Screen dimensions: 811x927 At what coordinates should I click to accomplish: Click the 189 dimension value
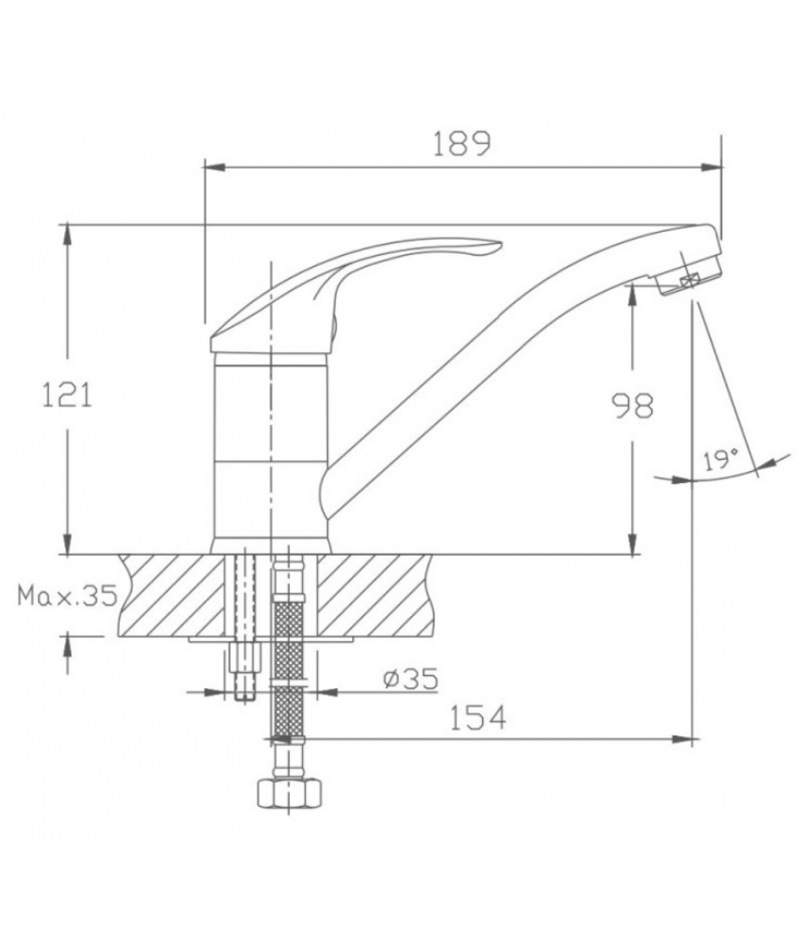[x=462, y=144]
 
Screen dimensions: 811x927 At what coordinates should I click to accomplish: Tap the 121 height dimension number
[x=67, y=396]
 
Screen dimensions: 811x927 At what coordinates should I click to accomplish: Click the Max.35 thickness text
[x=67, y=595]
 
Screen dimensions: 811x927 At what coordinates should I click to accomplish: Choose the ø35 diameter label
[x=411, y=678]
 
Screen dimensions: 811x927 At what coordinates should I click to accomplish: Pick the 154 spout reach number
[x=478, y=717]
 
